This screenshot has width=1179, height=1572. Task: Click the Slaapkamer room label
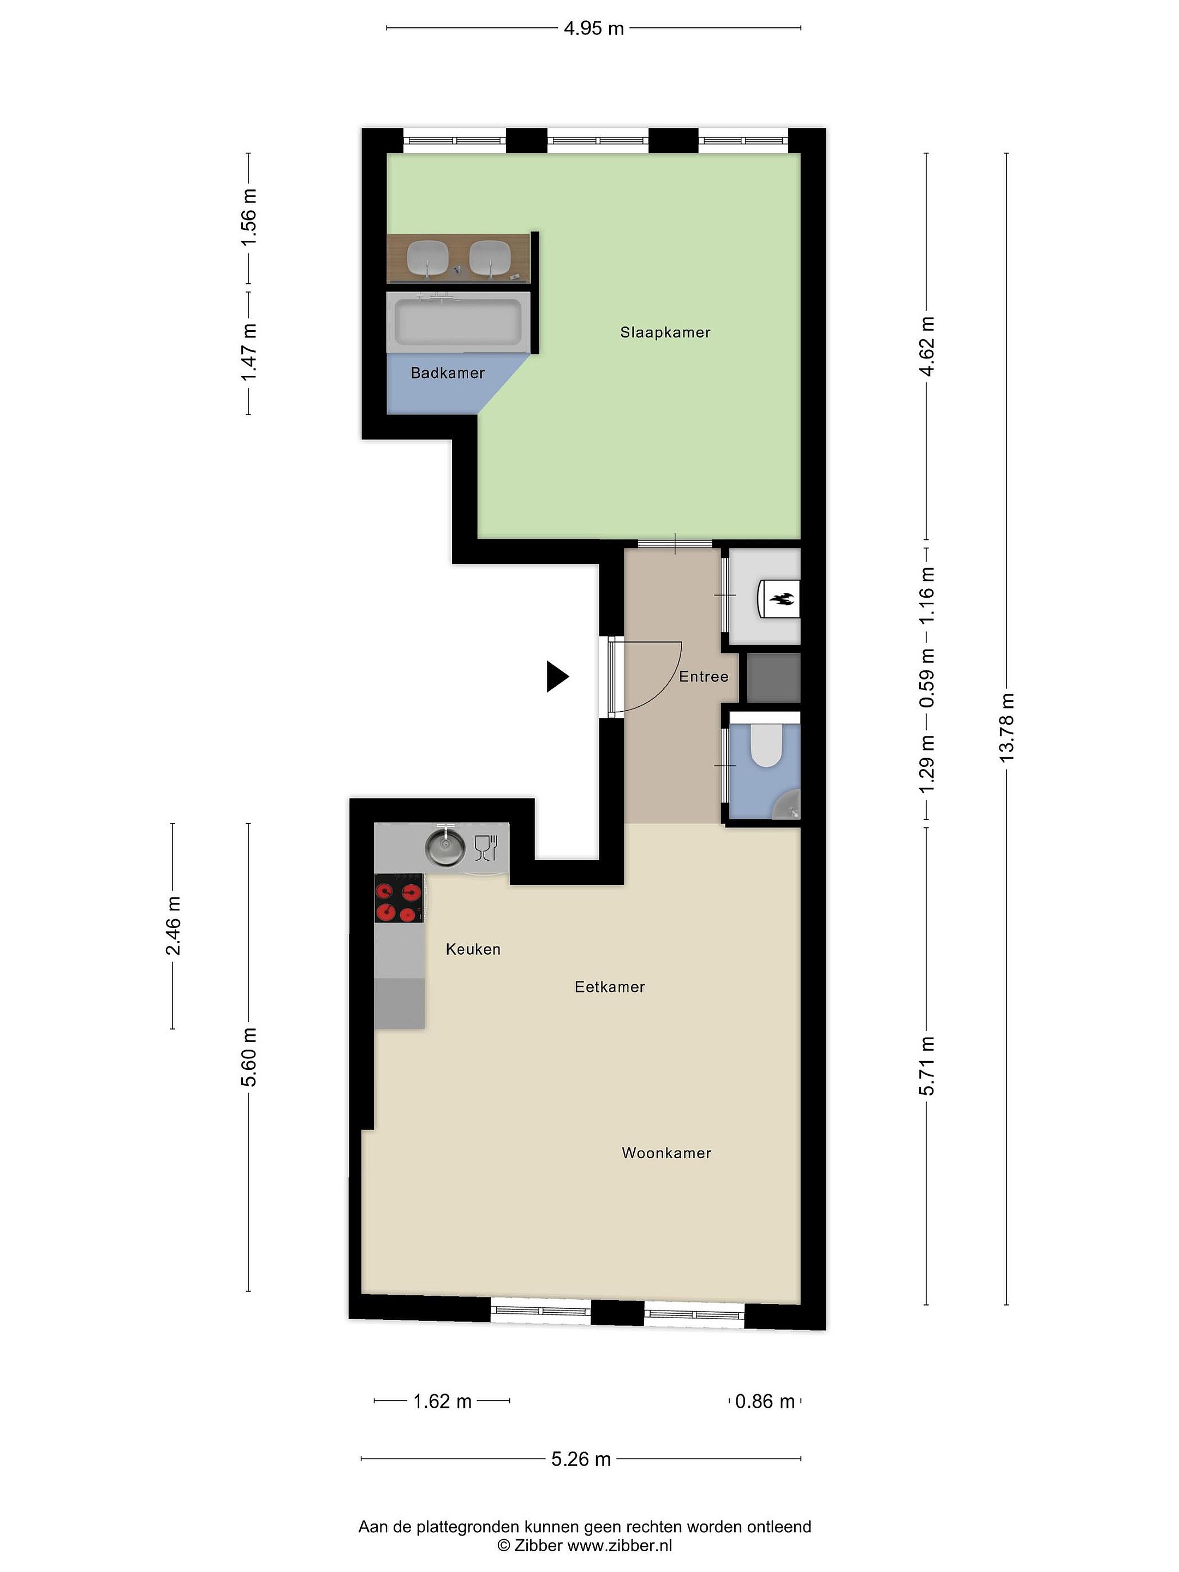coord(665,332)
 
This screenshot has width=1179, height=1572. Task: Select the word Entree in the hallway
coord(704,676)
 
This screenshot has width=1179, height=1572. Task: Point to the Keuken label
coord(473,949)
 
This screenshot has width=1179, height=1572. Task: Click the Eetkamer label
coord(610,986)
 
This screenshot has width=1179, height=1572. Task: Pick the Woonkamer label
coord(666,1153)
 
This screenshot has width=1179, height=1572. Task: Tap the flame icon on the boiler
coord(781,600)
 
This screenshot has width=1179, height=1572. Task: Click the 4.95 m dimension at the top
coord(593,28)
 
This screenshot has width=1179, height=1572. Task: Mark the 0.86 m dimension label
coord(765,1402)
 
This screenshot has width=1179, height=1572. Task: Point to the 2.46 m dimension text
coord(172,926)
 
